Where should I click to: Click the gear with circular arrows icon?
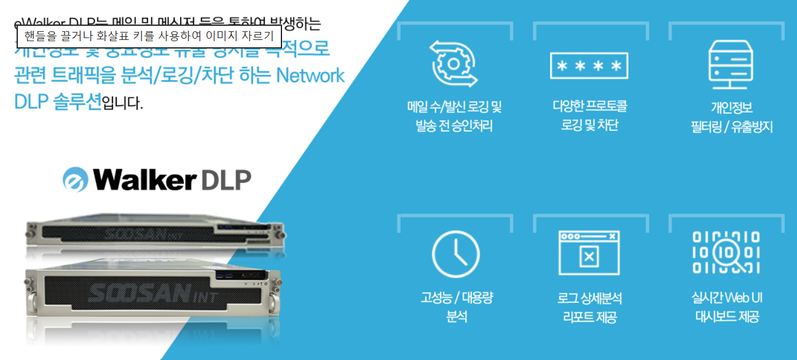tap(453, 64)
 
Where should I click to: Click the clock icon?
tap(455, 254)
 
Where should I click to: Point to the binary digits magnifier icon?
tap(726, 252)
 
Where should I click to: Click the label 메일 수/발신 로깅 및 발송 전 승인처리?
tap(454, 117)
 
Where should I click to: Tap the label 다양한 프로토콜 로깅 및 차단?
tap(589, 115)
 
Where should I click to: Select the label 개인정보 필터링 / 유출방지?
tap(731, 117)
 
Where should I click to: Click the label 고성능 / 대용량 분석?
tap(456, 307)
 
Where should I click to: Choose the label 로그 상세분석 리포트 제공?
tap(589, 308)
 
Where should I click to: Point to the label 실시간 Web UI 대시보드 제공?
tap(727, 307)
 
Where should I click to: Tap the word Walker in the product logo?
tap(144, 179)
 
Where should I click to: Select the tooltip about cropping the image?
tap(149, 37)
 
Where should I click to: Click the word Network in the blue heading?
tap(310, 76)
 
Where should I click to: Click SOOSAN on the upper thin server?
tap(130, 233)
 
